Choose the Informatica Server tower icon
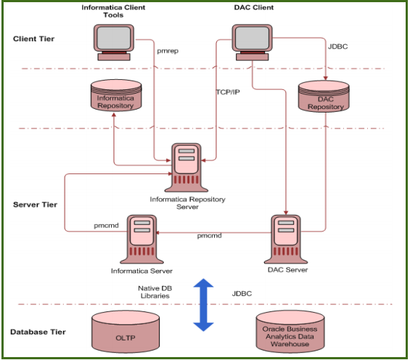tap(142, 240)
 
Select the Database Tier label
tap(38, 332)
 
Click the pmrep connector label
tap(168, 51)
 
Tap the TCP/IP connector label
tap(228, 92)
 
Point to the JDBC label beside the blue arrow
tap(243, 294)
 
